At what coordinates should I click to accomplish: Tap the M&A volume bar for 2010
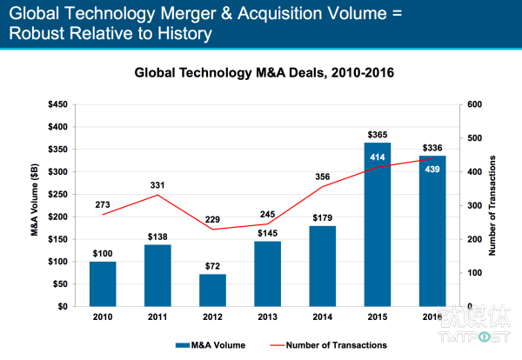point(102,283)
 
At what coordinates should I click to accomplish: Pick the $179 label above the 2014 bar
point(323,217)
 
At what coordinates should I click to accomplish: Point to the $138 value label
point(157,236)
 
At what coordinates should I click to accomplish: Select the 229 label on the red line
point(212,218)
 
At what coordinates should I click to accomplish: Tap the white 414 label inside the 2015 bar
point(377,157)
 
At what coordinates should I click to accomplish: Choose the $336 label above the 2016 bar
point(432,147)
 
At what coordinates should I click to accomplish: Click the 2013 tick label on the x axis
point(267,317)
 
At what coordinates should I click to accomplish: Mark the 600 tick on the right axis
point(474,104)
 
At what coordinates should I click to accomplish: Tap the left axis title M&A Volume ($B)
point(36,205)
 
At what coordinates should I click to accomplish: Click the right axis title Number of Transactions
point(493,205)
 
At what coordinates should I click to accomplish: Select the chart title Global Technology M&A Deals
point(264,74)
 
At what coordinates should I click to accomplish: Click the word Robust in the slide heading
point(37,34)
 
